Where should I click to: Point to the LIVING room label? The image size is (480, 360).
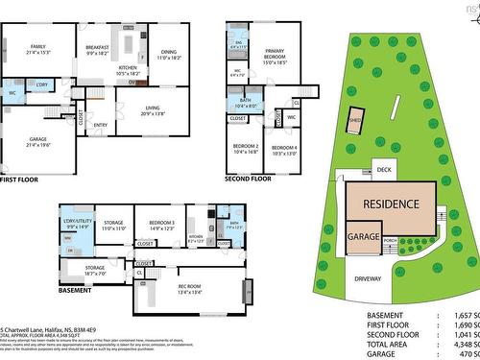click(153, 108)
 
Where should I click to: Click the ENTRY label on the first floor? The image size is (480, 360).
click(101, 124)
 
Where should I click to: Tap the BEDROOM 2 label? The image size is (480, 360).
click(247, 146)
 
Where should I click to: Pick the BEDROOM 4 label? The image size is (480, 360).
click(284, 146)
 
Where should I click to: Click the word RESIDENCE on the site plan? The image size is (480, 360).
click(390, 204)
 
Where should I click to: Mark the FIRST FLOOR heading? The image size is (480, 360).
click(19, 179)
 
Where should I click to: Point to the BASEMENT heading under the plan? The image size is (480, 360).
click(75, 289)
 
